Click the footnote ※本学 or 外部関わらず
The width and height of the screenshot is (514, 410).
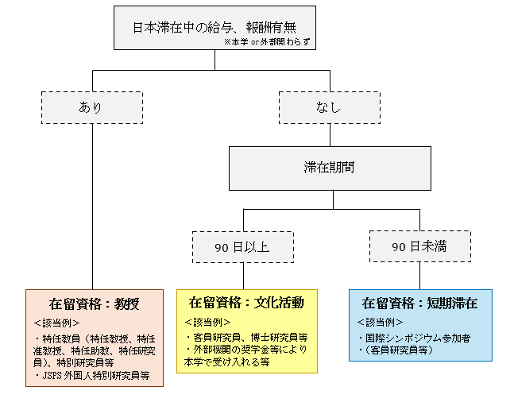point(269,41)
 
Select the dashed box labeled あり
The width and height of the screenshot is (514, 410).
point(91,107)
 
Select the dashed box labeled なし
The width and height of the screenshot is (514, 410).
point(329,107)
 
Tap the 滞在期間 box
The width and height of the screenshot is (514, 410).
point(330,168)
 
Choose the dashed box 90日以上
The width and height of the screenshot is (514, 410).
point(242,246)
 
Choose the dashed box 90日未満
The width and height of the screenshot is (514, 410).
point(419,246)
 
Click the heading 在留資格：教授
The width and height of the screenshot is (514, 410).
point(94,304)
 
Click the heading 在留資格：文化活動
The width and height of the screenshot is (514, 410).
point(246,304)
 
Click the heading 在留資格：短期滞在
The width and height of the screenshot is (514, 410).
point(419,304)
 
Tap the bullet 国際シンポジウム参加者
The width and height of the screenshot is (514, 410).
point(415,338)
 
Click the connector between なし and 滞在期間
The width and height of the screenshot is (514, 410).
point(330,134)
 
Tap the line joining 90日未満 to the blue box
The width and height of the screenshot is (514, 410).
point(419,276)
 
